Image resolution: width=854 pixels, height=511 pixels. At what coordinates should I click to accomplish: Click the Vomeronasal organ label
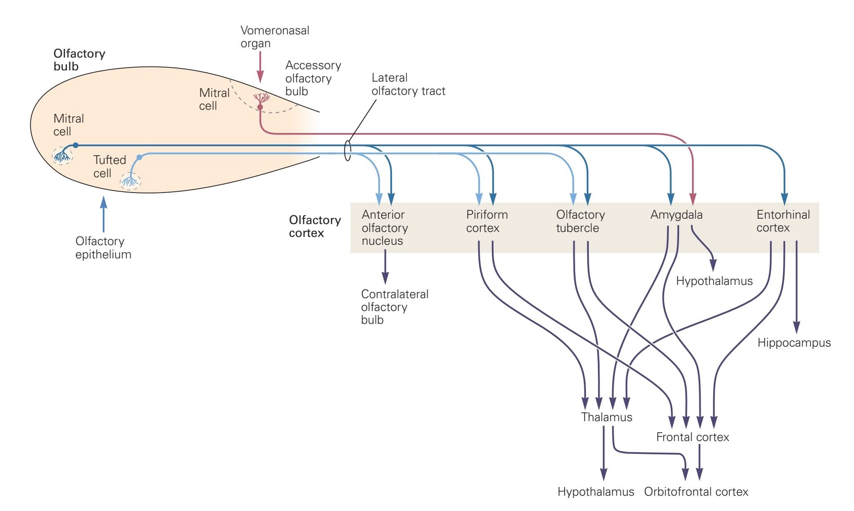[275, 37]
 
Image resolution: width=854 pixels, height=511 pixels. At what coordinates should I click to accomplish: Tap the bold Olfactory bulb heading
[79, 60]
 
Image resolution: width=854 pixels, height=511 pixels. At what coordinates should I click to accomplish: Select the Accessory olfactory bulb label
[313, 78]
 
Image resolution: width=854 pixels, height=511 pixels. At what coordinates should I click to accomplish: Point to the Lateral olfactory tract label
[408, 84]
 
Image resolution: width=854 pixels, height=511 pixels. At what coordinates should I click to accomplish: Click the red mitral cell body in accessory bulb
[260, 107]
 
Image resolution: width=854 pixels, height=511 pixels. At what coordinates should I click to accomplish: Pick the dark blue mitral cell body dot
[75, 145]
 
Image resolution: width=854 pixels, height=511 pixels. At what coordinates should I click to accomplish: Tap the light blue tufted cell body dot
[139, 157]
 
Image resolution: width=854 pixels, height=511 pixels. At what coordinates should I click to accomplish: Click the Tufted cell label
[109, 166]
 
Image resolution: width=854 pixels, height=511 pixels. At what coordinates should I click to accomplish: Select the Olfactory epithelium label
[103, 248]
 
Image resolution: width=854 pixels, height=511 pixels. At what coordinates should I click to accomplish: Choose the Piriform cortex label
[487, 221]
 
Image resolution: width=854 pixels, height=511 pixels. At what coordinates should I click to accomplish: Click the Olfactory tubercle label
[580, 221]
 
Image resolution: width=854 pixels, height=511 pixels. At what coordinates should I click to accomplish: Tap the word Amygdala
[676, 215]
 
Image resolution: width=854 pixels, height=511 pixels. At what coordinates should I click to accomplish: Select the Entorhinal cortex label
[783, 221]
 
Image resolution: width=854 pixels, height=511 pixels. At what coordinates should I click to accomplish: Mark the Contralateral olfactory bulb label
[394, 307]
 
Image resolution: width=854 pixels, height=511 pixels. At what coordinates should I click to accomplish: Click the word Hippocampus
[794, 343]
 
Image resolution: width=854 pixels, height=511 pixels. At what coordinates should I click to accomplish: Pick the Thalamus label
[607, 417]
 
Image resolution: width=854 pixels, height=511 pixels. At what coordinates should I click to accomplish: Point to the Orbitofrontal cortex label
[696, 492]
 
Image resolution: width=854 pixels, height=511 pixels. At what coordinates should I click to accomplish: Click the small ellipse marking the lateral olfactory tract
[348, 151]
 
